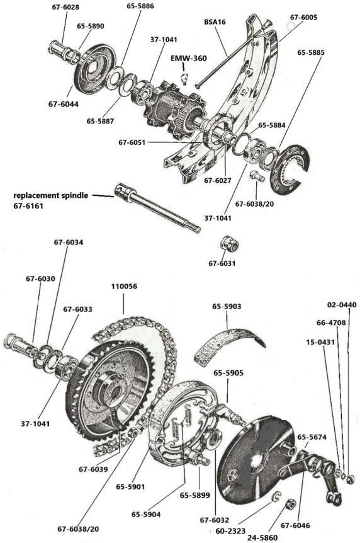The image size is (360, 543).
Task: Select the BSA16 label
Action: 215,21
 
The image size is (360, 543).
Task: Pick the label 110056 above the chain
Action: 125,286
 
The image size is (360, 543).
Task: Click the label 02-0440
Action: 342,305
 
